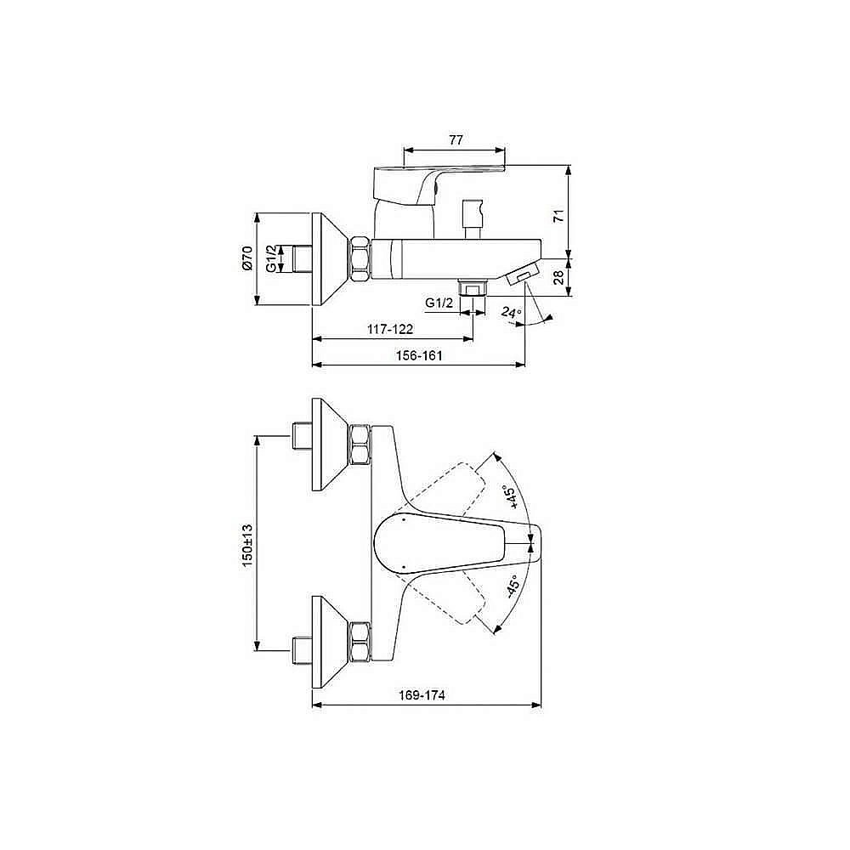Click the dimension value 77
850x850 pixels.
coord(456,140)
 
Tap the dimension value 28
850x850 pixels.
coord(558,278)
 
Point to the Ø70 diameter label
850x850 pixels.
coord(246,258)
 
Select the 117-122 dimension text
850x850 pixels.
coord(389,328)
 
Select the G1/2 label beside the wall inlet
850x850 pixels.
coord(270,258)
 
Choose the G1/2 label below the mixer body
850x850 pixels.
coord(439,302)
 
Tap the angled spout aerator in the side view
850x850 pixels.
coord(522,275)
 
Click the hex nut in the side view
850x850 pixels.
coord(360,258)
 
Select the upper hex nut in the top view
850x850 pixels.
coord(360,443)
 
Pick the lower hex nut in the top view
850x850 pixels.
coord(360,643)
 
